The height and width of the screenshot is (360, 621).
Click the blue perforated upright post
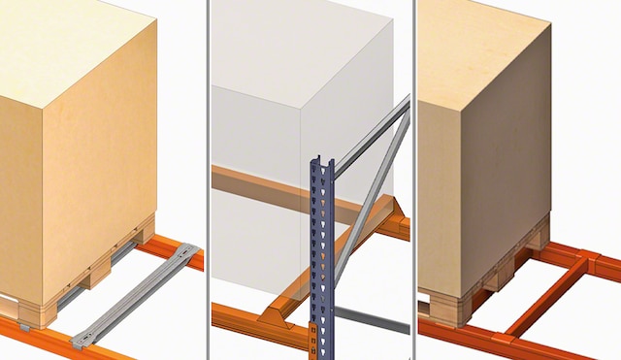click(321, 252)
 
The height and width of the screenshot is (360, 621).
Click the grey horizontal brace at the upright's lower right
click(369, 317)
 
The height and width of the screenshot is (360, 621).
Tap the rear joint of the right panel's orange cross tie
click(585, 260)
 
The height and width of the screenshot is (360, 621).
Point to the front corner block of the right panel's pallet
click(441, 306)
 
